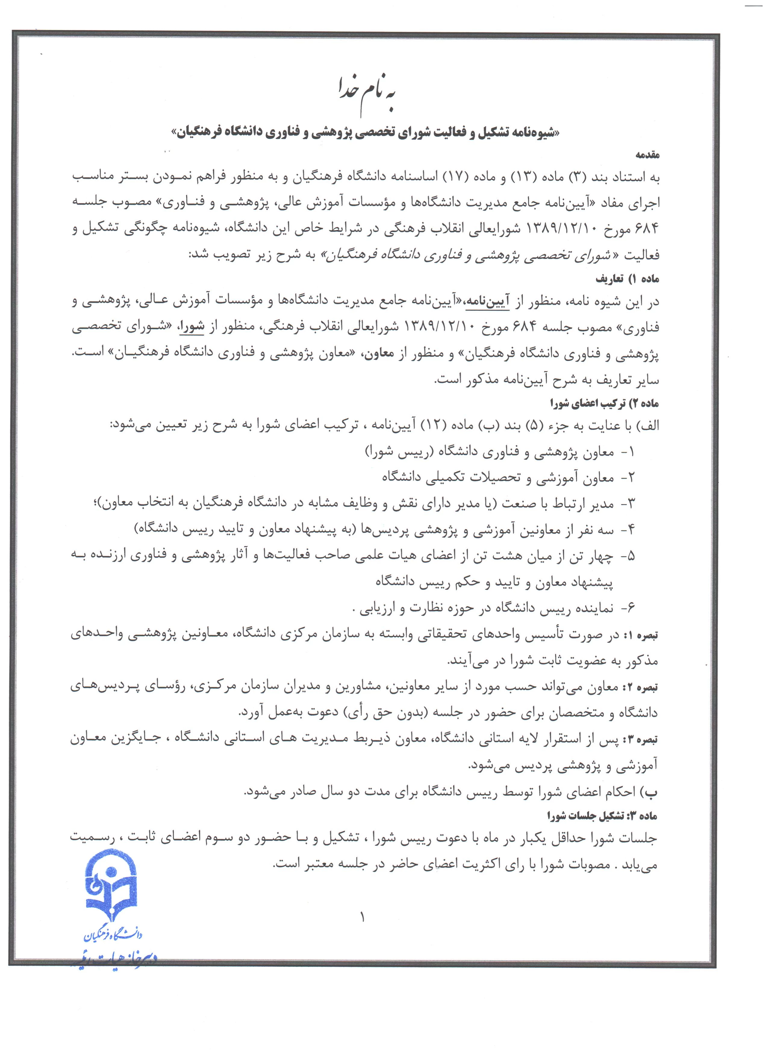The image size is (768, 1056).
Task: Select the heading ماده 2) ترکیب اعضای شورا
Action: pos(604,403)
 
